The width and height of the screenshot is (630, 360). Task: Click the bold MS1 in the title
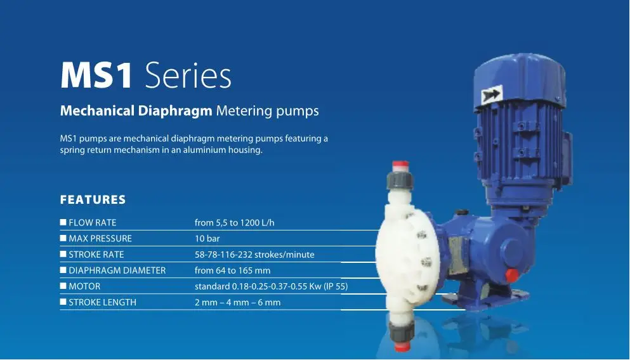[96, 75]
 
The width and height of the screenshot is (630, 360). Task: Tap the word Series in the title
[188, 75]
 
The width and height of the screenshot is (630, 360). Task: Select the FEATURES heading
[93, 199]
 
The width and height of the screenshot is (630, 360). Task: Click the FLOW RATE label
[93, 222]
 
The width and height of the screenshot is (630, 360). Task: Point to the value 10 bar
[207, 239]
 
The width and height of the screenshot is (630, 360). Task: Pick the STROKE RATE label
[96, 255]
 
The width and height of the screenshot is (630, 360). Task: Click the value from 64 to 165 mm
[233, 270]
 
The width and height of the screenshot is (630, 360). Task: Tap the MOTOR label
[84, 286]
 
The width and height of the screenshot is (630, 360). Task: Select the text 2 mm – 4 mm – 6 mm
[238, 302]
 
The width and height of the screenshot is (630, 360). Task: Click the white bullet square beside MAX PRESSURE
[63, 238]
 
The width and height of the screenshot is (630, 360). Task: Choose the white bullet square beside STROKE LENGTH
[63, 302]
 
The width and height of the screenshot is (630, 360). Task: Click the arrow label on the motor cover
[492, 95]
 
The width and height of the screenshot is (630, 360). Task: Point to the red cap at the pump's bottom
[401, 346]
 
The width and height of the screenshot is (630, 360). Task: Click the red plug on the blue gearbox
[512, 275]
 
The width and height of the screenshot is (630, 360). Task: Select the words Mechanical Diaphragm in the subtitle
[136, 110]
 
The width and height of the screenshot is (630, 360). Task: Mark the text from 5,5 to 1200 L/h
[235, 222]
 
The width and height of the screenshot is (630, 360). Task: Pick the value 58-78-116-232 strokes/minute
[255, 255]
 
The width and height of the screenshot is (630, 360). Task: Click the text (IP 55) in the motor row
[336, 286]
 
